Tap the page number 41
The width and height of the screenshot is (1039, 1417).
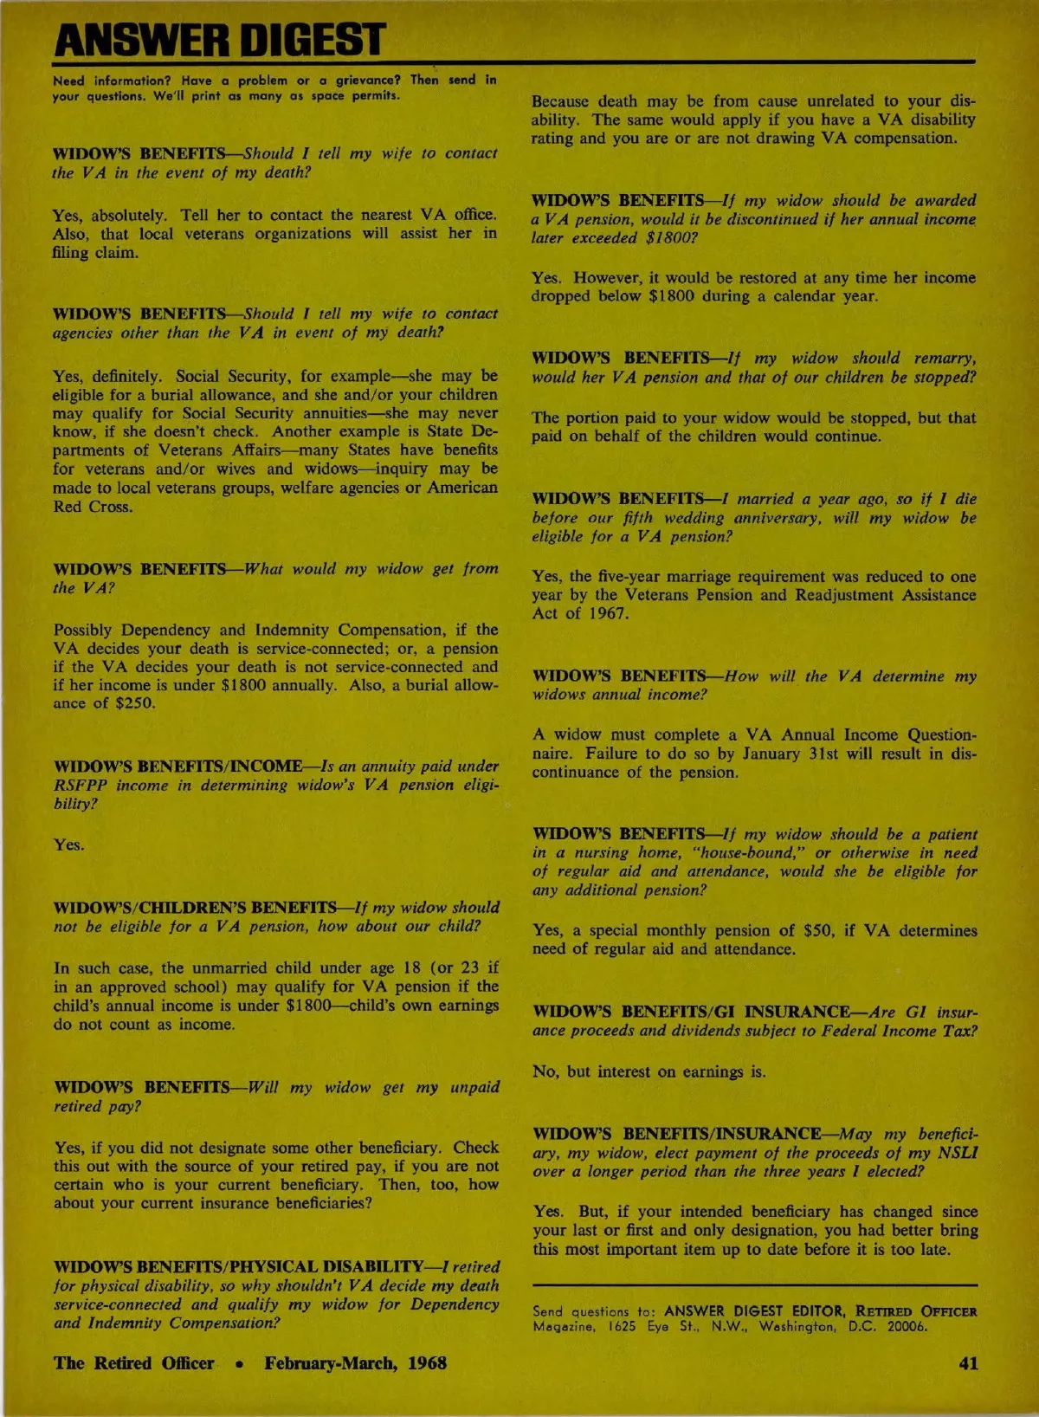pos(968,1362)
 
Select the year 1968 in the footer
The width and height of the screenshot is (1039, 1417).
pos(427,1362)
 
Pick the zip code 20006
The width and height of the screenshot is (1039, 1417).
pos(906,1326)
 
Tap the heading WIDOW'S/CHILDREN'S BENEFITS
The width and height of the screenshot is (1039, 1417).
pos(195,908)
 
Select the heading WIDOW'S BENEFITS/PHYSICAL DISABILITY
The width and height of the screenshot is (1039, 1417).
pos(239,1267)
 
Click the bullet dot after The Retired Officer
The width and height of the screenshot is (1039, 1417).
pos(239,1363)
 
